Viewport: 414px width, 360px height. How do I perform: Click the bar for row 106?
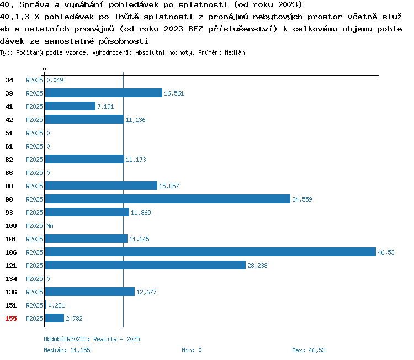(210, 252)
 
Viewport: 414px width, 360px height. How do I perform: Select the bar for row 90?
(168, 199)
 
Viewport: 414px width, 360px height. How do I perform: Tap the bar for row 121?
(145, 265)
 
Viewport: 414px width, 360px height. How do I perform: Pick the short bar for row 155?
(55, 318)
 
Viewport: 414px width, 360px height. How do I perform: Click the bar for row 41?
(70, 106)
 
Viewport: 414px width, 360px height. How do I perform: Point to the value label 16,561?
(174, 93)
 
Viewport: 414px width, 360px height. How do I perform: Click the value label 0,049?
(55, 80)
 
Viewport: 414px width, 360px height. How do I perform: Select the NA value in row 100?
(50, 226)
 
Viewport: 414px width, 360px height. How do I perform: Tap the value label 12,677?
(146, 292)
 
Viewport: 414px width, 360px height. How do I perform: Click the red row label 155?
(11, 319)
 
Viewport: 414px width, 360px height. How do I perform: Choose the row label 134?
(11, 279)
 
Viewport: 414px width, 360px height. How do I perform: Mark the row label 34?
(9, 80)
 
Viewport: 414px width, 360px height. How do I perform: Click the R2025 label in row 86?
(34, 173)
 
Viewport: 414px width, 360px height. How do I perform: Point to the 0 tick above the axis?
(44, 69)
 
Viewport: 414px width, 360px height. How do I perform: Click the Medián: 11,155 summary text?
(67, 350)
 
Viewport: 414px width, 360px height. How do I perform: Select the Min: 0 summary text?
(192, 350)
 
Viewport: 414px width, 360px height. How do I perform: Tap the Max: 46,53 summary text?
(309, 350)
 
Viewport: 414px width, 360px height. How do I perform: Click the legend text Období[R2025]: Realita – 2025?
(92, 339)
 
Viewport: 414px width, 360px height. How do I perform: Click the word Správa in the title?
(34, 5)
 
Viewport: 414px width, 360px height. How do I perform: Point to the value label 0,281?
(56, 305)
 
